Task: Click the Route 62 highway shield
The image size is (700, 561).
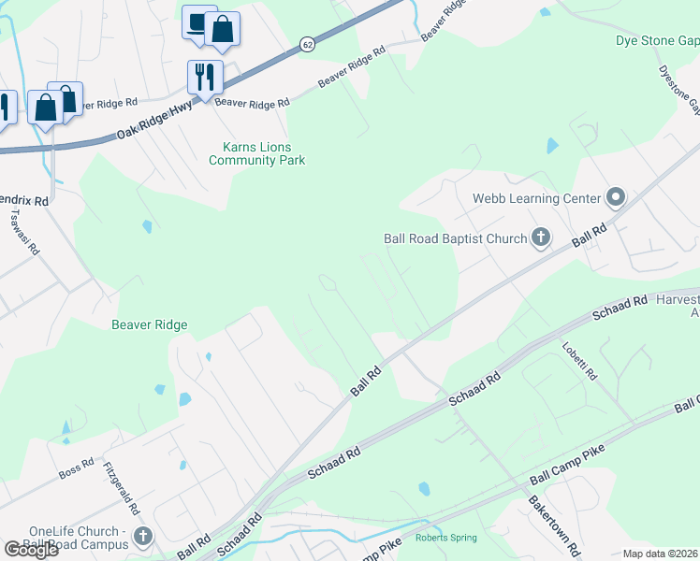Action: point(307,44)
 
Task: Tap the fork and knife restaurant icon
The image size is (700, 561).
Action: point(205,75)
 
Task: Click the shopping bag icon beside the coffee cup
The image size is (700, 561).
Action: point(223,31)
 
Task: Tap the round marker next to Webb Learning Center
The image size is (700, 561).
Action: point(616,197)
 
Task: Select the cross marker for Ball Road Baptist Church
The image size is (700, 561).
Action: point(540,238)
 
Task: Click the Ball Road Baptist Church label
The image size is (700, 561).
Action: point(456,238)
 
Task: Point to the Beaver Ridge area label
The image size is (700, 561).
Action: point(150,325)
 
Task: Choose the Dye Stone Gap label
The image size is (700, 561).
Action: point(657,41)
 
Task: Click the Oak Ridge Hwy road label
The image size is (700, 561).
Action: point(154,122)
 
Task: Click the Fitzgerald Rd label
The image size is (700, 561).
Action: point(122,490)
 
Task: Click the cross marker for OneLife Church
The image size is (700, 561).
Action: point(142,537)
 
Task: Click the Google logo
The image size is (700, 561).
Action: point(32,549)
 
